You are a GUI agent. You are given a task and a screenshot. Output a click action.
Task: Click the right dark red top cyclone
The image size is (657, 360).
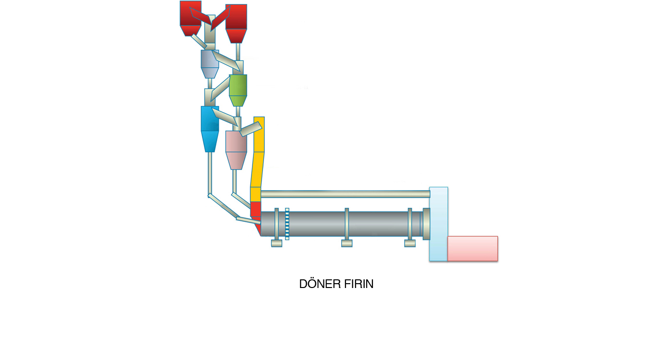pos(236,22)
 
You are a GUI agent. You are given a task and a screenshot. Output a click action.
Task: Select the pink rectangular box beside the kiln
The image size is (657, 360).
pos(472,248)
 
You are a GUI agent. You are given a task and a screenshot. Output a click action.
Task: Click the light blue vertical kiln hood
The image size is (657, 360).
pos(438,224)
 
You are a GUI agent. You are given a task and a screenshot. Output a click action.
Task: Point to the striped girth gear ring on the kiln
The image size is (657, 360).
pos(287,224)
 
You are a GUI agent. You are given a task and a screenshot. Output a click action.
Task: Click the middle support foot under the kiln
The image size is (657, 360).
pos(347,243)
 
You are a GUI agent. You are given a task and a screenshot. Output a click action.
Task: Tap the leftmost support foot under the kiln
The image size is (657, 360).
pos(276,243)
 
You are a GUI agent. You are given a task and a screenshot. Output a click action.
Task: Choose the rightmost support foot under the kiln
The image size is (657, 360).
pos(410,243)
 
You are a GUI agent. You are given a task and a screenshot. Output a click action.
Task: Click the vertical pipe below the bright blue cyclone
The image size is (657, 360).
pos(210,173)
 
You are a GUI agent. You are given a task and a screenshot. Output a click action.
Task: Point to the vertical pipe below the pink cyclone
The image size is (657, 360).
pos(234,180)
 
